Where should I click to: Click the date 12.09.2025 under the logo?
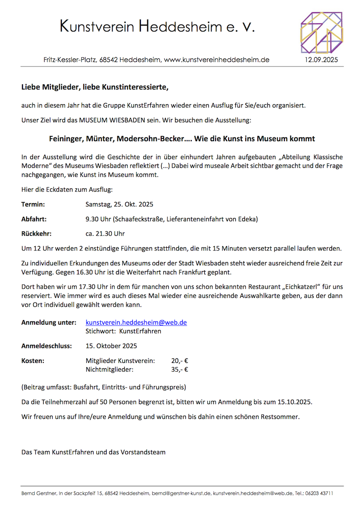click(321, 59)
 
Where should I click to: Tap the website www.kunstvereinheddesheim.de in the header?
click(216, 59)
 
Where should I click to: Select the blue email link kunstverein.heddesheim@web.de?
click(136, 322)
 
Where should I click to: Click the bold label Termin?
click(33, 205)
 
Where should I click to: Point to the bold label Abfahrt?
click(34, 219)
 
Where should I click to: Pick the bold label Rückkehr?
click(36, 234)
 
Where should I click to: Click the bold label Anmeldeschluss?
click(47, 346)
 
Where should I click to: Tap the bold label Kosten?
click(33, 361)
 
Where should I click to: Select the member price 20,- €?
click(180, 361)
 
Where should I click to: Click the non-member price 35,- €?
click(180, 370)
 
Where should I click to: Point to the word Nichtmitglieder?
click(109, 370)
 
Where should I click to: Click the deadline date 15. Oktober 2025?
click(111, 346)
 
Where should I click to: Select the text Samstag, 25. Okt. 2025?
click(119, 205)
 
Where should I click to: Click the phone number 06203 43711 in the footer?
click(318, 493)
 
